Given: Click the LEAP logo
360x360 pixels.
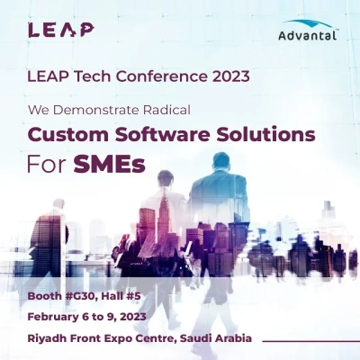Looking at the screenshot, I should coord(60,30).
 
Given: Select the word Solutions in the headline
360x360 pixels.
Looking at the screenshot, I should coord(267,135).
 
